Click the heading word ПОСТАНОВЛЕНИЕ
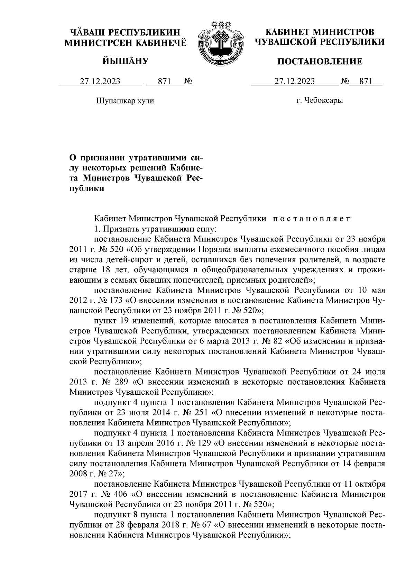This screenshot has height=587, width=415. (320, 62)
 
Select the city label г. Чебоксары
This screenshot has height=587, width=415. (320, 101)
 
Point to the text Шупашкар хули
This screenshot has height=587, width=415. (124, 101)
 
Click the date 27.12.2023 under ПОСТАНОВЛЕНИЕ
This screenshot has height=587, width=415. (294, 82)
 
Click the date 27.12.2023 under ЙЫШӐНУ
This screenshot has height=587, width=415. (100, 82)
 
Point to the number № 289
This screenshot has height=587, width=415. (113, 382)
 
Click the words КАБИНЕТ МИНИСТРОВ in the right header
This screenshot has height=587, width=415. (320, 32)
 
